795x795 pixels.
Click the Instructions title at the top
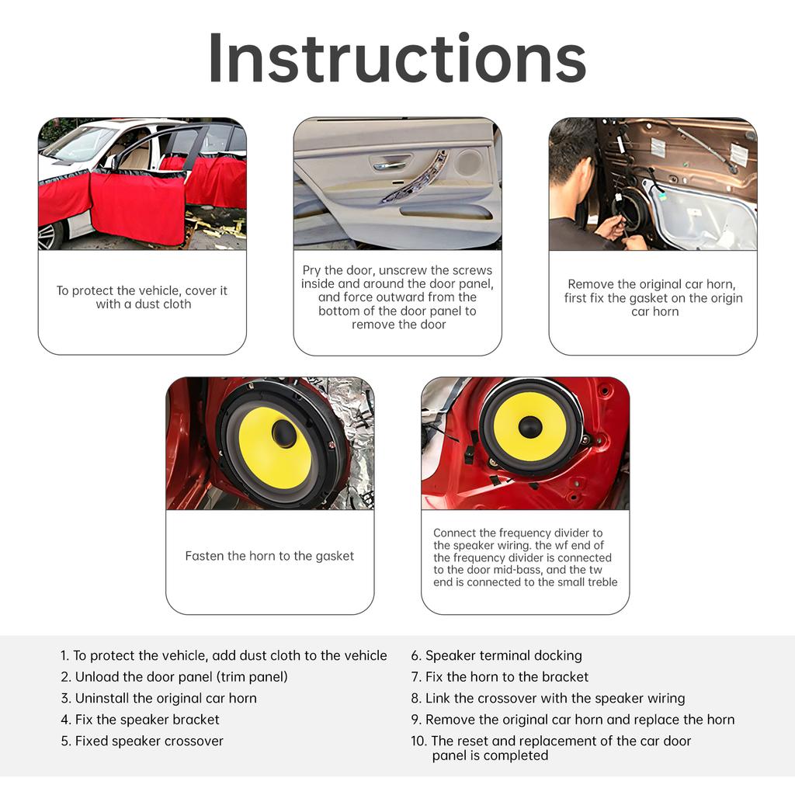click(397, 58)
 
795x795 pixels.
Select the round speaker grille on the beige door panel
click(468, 163)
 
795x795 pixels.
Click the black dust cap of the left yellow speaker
click(284, 434)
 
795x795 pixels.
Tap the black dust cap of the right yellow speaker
click(530, 426)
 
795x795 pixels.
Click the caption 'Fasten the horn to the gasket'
click(269, 556)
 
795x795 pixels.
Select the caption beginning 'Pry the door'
click(397, 297)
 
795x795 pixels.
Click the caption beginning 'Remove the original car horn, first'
click(653, 298)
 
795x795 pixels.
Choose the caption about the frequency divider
click(525, 557)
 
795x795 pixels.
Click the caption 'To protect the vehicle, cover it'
click(142, 297)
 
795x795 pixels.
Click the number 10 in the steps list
click(418, 741)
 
